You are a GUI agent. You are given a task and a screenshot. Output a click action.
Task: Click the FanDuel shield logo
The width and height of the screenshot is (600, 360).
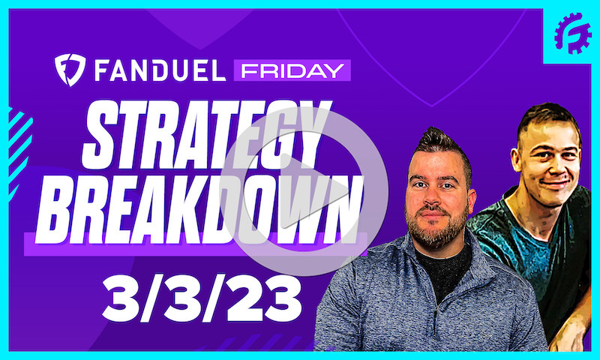(70, 70)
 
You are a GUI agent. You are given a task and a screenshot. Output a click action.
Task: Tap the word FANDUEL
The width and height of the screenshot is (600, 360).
(155, 70)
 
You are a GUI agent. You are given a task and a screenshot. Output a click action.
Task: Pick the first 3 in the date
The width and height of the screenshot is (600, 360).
(120, 296)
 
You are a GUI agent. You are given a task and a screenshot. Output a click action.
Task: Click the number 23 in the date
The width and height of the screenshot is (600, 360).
(259, 296)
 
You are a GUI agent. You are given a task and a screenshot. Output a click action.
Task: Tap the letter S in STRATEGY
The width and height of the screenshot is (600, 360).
(101, 135)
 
